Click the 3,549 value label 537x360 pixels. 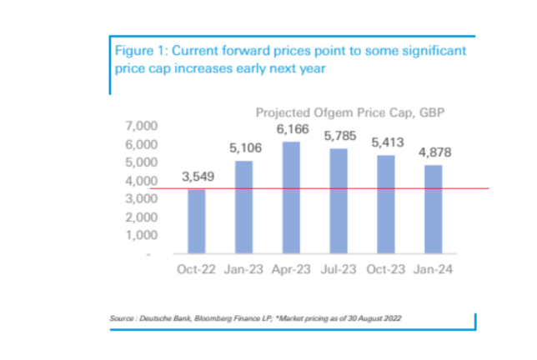coord(198,177)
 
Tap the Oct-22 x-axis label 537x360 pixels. coord(198,270)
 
